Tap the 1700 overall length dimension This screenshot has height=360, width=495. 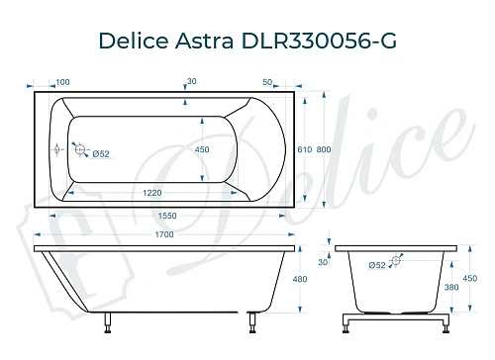(164, 234)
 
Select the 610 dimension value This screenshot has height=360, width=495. (305, 149)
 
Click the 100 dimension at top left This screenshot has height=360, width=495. (62, 82)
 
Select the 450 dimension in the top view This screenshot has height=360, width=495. (202, 149)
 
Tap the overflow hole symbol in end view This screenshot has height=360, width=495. (396, 262)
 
